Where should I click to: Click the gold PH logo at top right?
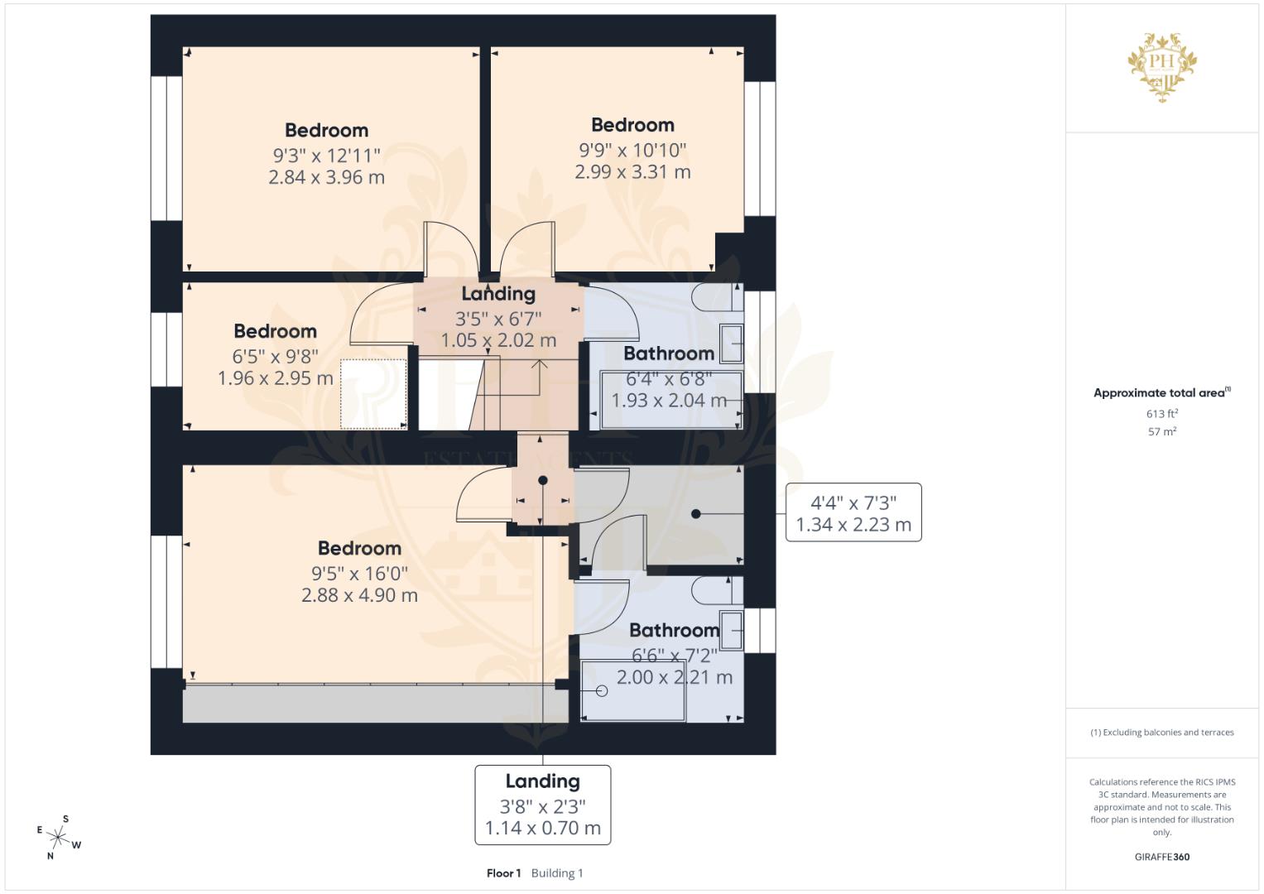coord(1162,66)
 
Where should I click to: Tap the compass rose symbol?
coord(58,837)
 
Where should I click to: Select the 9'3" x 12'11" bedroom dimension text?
coord(326,155)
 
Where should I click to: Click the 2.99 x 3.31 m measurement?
coord(632,172)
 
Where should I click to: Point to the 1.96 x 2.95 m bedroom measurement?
coord(275,378)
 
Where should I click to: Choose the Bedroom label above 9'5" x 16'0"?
coord(359,548)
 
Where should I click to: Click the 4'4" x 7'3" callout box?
coord(853,512)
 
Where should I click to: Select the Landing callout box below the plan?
coord(542,805)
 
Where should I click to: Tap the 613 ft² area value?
coord(1162,413)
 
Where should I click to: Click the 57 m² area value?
coord(1162,431)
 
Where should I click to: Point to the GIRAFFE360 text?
coord(1162,857)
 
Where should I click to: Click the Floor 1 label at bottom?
coord(503,873)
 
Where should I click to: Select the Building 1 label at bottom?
coord(557,873)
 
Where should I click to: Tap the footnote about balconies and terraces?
coord(1162,733)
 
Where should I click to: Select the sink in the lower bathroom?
coord(732,631)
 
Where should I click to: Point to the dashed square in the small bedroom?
coord(373,394)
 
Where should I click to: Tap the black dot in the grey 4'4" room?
coord(695,514)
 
